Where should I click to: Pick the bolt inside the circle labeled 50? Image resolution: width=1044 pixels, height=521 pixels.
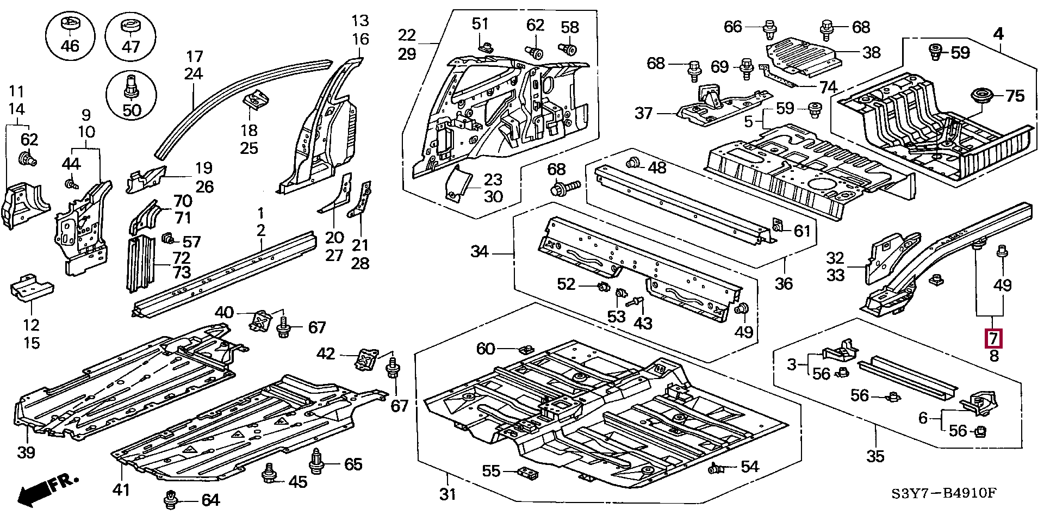(x=131, y=86)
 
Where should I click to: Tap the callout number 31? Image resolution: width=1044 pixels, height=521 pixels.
(x=448, y=494)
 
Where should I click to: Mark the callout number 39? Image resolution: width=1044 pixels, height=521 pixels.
(x=26, y=452)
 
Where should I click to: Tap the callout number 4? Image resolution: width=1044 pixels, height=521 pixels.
(x=998, y=34)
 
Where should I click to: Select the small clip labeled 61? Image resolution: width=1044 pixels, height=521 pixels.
(x=778, y=225)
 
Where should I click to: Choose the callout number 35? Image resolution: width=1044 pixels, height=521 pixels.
(x=875, y=456)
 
